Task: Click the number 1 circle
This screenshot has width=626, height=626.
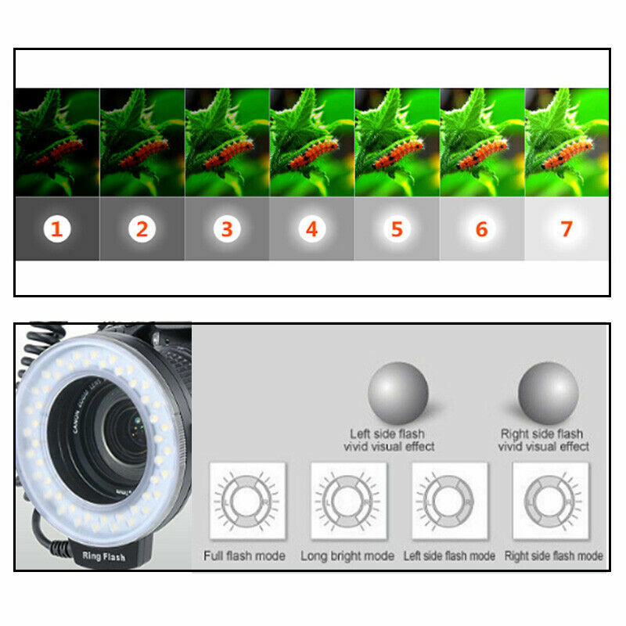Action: tap(57, 229)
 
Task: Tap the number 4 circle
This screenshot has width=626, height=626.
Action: tap(311, 229)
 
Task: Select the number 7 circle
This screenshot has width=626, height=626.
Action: tap(566, 229)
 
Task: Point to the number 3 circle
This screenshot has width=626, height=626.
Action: tap(227, 229)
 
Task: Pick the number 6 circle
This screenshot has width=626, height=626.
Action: tap(481, 229)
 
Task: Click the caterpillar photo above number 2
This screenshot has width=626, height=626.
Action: tap(142, 142)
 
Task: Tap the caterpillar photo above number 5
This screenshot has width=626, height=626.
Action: tap(397, 142)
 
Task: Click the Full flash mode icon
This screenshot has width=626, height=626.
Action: tap(247, 501)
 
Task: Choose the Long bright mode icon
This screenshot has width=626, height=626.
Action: tap(349, 501)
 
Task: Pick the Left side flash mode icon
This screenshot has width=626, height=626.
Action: tap(449, 501)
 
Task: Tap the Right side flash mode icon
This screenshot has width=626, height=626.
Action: tap(550, 501)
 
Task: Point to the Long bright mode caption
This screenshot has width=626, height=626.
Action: tap(348, 556)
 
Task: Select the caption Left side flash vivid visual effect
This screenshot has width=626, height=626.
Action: tap(389, 440)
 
